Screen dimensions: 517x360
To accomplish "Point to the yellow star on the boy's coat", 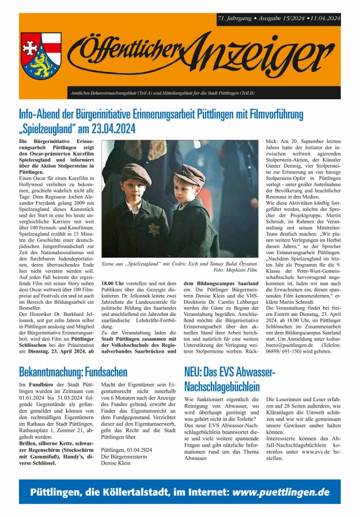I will pyautogui.click(x=153, y=229).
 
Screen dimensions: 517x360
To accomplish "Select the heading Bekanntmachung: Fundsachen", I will pyautogui.click(x=73, y=372).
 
